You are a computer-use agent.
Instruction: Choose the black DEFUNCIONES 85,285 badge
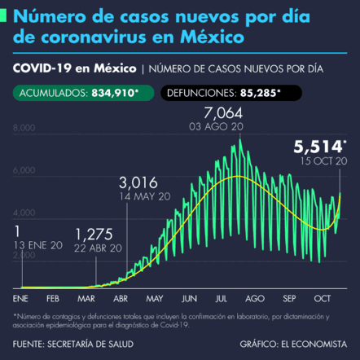pos(227,93)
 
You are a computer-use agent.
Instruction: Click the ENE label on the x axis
pos(21,298)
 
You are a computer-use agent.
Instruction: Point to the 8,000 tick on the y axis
pos(24,128)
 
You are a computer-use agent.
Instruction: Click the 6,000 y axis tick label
pos(24,170)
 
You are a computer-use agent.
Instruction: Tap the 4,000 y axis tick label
pos(24,213)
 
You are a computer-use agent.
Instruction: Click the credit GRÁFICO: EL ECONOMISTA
pos(294,344)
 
